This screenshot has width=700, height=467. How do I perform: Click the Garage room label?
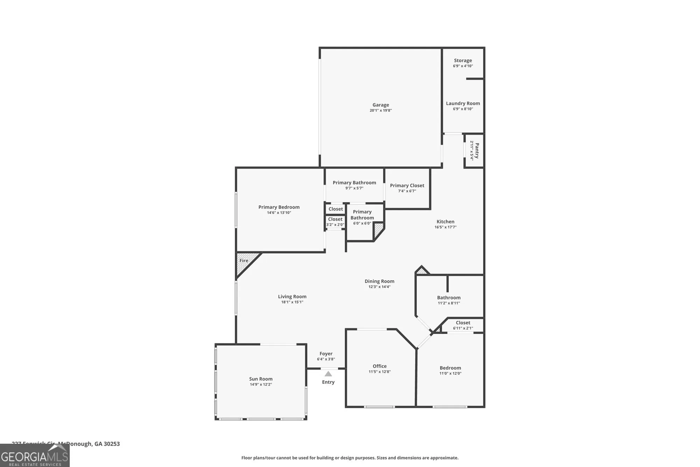[x=380, y=105]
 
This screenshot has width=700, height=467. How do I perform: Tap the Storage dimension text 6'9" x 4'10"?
[x=463, y=66]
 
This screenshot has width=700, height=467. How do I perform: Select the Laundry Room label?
[x=463, y=103]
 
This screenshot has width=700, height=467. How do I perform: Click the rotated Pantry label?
[x=477, y=151]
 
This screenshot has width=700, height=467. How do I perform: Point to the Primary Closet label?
[x=407, y=185]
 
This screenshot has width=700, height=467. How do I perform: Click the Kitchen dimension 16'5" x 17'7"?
[x=445, y=227]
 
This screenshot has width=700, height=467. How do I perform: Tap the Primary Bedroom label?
[x=279, y=207]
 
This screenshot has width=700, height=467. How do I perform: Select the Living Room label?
[x=292, y=296]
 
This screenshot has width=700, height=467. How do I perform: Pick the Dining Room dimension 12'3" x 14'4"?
[x=379, y=287]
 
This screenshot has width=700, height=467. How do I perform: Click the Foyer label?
[x=326, y=353]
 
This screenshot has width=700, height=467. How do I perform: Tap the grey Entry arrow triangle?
[x=328, y=374]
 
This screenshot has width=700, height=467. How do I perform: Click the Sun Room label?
[x=261, y=379]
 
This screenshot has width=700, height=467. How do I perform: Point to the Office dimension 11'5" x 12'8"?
[x=379, y=372]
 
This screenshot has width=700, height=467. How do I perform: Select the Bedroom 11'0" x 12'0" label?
[x=450, y=368]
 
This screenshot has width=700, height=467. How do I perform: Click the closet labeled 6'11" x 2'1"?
[x=463, y=325]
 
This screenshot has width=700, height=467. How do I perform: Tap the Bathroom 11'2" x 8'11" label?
[x=449, y=297]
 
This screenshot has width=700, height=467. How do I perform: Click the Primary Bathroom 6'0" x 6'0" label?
[x=362, y=215]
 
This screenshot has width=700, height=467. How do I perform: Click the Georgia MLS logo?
[x=35, y=456]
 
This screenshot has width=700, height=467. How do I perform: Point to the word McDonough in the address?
[x=75, y=444]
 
